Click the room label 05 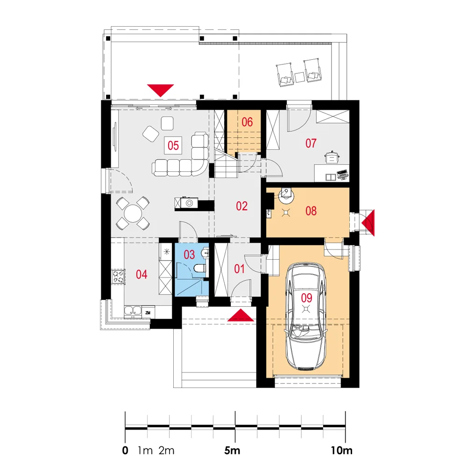(x=173, y=146)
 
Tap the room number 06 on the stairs (x=247, y=122)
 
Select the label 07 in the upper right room (x=311, y=143)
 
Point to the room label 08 (x=311, y=211)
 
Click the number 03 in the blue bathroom (x=189, y=255)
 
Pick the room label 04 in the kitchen (x=142, y=274)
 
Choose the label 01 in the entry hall (x=239, y=269)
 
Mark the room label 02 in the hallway (x=241, y=206)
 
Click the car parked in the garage (x=305, y=316)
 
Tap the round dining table (x=133, y=213)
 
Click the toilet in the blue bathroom (x=200, y=269)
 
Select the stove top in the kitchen (x=118, y=276)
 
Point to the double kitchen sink (x=133, y=311)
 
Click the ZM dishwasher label (x=148, y=313)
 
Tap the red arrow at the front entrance (x=241, y=315)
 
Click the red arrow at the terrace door (x=160, y=91)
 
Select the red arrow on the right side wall (x=368, y=223)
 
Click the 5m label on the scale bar (x=232, y=451)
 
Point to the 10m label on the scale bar (x=341, y=451)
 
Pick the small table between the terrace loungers (x=300, y=77)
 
